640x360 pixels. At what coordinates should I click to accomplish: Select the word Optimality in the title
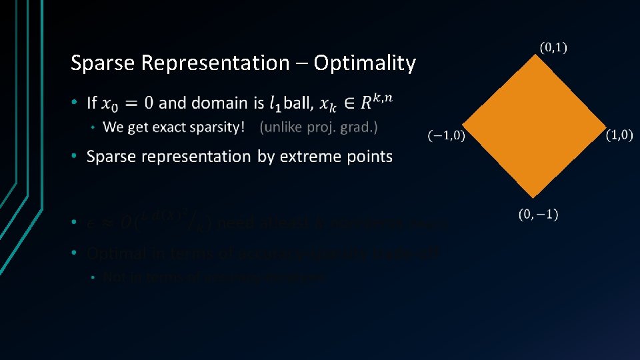click(365, 63)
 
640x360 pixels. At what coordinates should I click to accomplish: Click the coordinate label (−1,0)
click(446, 136)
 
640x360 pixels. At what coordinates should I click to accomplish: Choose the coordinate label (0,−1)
click(539, 214)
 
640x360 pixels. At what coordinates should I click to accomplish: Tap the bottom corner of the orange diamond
click(534, 198)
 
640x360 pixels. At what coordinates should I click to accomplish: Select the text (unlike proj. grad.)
click(319, 127)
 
